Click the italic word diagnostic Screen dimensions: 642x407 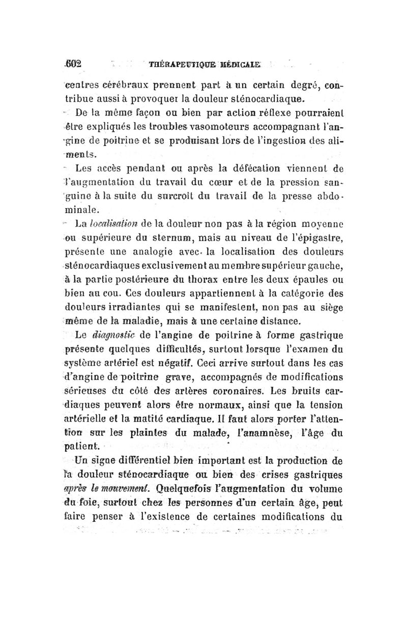tap(120, 334)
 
